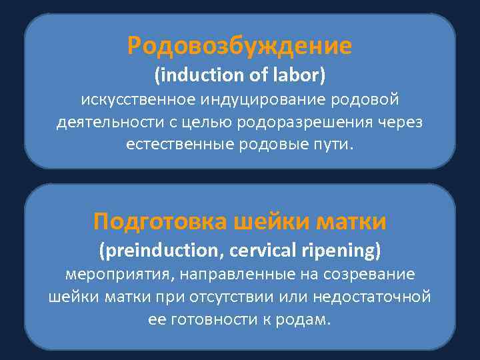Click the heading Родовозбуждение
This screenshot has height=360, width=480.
click(x=240, y=46)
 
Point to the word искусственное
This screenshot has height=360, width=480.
click(x=137, y=100)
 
